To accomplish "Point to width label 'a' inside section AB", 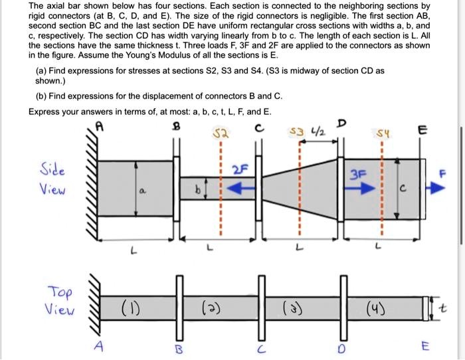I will tap(141, 189).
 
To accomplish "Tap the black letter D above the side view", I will tap(341, 123).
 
